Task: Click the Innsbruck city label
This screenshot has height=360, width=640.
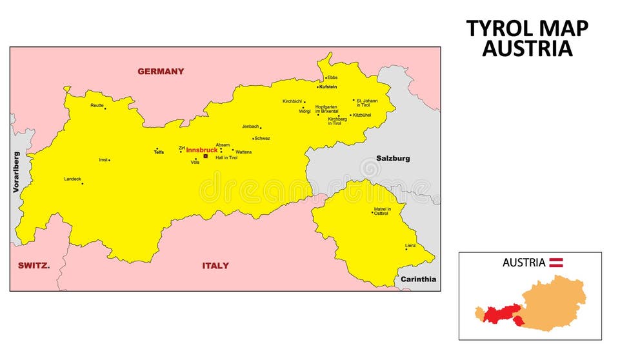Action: (x=201, y=150)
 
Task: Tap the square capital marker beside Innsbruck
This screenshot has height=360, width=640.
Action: (x=206, y=156)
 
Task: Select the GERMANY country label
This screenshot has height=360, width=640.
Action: (x=161, y=72)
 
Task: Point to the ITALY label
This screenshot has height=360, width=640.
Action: (x=215, y=266)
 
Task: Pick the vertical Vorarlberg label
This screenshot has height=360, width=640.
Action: (x=17, y=172)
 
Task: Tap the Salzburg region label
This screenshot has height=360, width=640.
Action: (x=393, y=158)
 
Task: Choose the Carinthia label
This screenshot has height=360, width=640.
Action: (x=418, y=279)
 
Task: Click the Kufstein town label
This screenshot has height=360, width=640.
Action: (x=328, y=86)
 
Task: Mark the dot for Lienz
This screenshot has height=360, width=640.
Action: (x=406, y=250)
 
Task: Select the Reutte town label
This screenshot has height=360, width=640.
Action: (x=97, y=105)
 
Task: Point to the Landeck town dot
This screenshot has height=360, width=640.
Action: (x=82, y=184)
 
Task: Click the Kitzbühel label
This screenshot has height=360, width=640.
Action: (x=362, y=115)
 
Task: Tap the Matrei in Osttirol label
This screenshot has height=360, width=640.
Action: (x=381, y=211)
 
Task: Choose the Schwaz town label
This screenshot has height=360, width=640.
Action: (x=263, y=138)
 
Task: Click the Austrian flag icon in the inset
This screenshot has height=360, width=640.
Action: (x=556, y=263)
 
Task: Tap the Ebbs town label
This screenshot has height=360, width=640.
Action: (x=333, y=77)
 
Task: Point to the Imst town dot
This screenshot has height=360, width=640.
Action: (x=109, y=160)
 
